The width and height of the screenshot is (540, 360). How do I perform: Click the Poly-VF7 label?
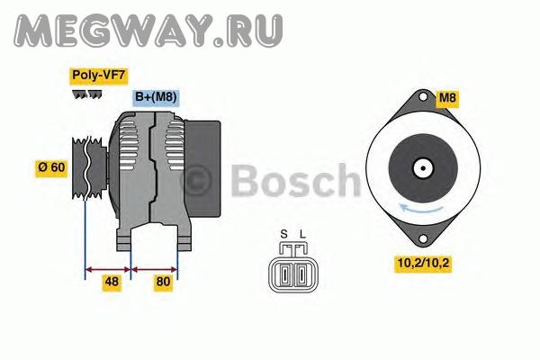pyautogui.click(x=99, y=76)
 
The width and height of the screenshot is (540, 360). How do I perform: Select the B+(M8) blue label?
pyautogui.click(x=156, y=97)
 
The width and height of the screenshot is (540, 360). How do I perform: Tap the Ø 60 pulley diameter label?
pyautogui.click(x=51, y=167)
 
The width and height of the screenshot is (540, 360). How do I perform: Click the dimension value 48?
pyautogui.click(x=112, y=282)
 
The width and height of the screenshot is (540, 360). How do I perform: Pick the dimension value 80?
pyautogui.click(x=163, y=282)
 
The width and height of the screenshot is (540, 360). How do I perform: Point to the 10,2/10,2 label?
pyautogui.click(x=423, y=263)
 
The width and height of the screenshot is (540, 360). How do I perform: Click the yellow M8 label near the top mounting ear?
pyautogui.click(x=447, y=98)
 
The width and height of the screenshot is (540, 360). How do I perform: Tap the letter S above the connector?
pyautogui.click(x=283, y=235)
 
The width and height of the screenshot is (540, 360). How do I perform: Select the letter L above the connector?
pyautogui.click(x=302, y=235)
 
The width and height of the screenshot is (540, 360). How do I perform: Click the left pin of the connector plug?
pyautogui.click(x=284, y=274)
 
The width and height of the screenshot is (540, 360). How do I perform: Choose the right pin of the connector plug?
pyautogui.click(x=301, y=274)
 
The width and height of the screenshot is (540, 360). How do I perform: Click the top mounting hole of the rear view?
pyautogui.click(x=423, y=97)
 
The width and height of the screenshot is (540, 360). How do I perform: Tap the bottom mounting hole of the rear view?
pyautogui.click(x=423, y=238)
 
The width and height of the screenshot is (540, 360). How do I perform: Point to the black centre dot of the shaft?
pyautogui.click(x=423, y=168)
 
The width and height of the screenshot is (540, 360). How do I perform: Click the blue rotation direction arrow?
pyautogui.click(x=420, y=209)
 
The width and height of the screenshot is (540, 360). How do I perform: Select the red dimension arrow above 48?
pyautogui.click(x=108, y=269)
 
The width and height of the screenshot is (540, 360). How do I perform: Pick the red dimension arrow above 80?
pyautogui.click(x=154, y=269)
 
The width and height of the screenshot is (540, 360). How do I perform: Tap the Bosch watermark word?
pyautogui.click(x=295, y=181)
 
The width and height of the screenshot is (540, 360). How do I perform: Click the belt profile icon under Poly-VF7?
pyautogui.click(x=87, y=94)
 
